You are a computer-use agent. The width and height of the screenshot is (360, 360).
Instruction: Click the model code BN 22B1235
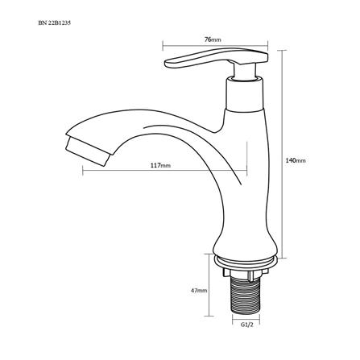pyautogui.click(x=55, y=23)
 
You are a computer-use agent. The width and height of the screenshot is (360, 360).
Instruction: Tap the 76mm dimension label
pyautogui.click(x=213, y=39)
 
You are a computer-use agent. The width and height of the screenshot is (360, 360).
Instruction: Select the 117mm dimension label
pyautogui.click(x=160, y=165)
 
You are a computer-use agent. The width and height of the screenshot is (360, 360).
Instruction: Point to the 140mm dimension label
pyautogui.click(x=296, y=160)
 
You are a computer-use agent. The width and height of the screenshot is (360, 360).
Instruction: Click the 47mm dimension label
pyautogui.click(x=199, y=290)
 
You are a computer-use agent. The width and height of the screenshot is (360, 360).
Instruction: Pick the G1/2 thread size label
pyautogui.click(x=247, y=325)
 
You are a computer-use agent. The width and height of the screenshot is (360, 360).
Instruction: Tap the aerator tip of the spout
pyautogui.click(x=87, y=151)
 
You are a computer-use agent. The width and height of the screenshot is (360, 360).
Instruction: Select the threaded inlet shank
pyautogui.click(x=246, y=296)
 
